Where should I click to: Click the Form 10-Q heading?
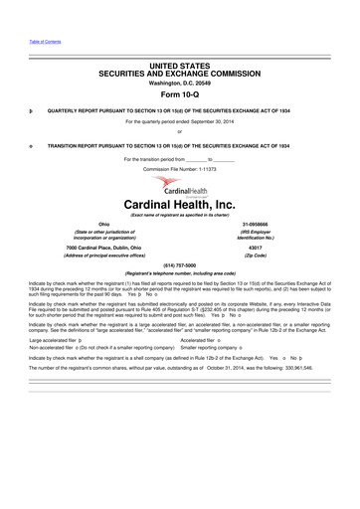180,94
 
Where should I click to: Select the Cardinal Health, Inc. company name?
180,205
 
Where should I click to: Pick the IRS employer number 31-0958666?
256,225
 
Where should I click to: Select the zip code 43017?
256,247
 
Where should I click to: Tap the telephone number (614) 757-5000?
179,266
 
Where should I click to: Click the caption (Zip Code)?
256,255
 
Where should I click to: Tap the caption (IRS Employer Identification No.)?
256,237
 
